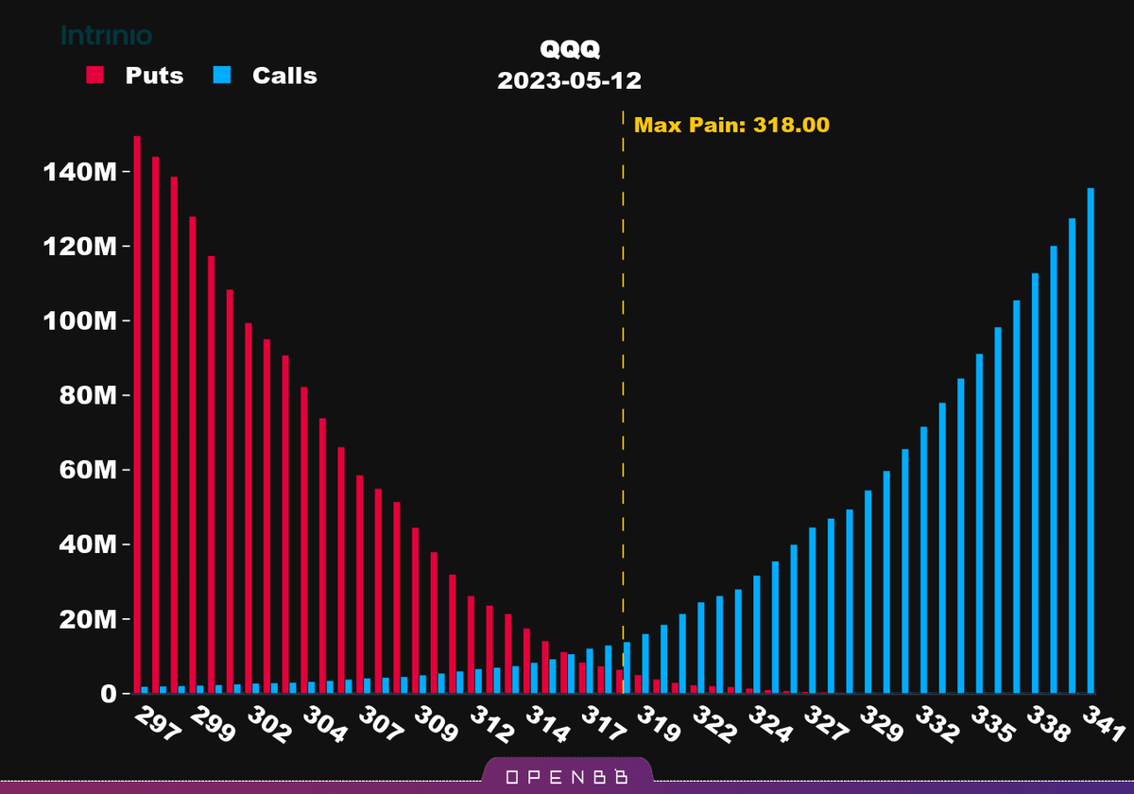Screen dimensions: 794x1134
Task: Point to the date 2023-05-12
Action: [x=569, y=80]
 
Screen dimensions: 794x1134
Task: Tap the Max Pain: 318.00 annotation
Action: [x=731, y=125]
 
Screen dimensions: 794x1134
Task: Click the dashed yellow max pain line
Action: [x=623, y=378]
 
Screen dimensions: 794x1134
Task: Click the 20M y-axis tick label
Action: [x=83, y=619]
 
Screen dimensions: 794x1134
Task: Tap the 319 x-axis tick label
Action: [x=659, y=726]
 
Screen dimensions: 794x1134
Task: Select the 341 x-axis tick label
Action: [x=1103, y=726]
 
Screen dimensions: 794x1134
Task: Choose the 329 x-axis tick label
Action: [x=881, y=726]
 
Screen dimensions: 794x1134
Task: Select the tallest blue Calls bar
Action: [x=1091, y=440]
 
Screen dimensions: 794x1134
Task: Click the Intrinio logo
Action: [x=107, y=36]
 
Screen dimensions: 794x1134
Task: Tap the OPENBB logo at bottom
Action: [x=567, y=777]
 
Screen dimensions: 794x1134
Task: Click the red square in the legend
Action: [x=95, y=76]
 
